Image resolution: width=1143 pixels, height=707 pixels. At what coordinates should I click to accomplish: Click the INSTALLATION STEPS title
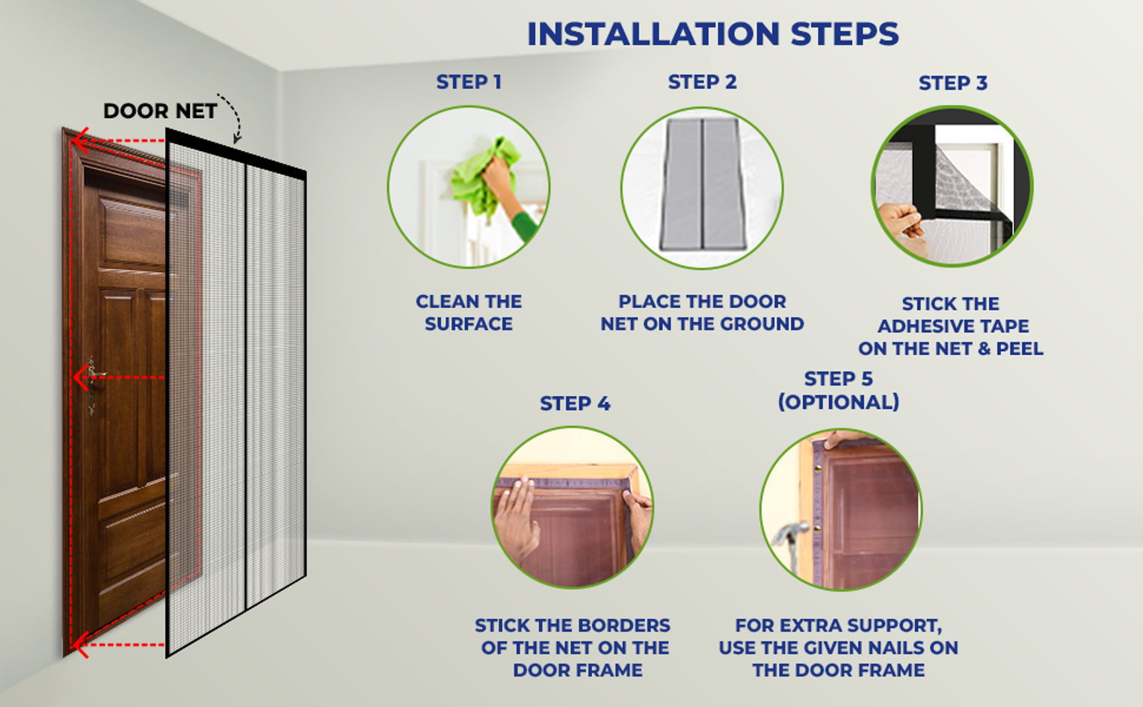(713, 34)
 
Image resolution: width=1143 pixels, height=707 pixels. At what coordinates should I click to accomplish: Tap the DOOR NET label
(160, 111)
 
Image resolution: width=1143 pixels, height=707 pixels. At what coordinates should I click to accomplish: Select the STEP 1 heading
(469, 82)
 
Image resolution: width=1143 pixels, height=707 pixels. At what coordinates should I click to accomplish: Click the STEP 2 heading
(702, 82)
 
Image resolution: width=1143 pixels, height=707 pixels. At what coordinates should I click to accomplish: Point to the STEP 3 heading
(953, 83)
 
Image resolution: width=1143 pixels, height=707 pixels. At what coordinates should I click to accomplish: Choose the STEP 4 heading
(575, 404)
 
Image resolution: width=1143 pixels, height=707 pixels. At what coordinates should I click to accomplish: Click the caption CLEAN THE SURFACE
(469, 312)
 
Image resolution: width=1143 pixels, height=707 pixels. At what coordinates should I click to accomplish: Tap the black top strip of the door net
(235, 153)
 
